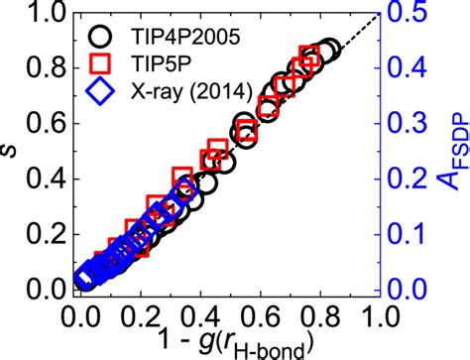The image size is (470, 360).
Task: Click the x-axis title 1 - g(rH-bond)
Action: [x=227, y=343]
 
